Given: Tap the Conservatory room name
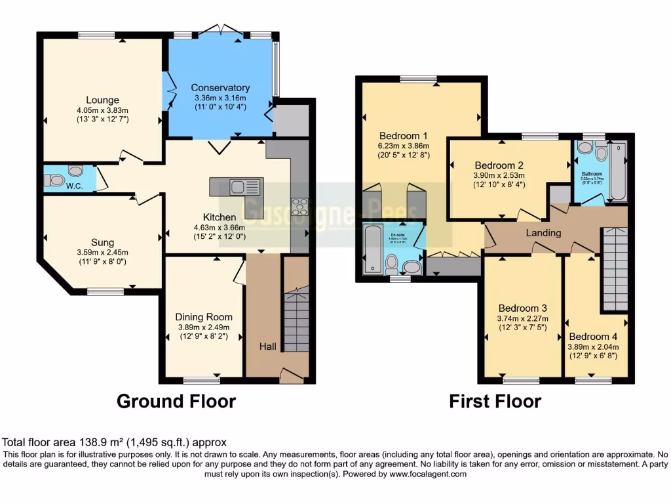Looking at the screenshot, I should (220, 88).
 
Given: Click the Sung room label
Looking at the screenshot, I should (102, 242).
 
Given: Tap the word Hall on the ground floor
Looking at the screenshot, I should (267, 346).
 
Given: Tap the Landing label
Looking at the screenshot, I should (543, 232).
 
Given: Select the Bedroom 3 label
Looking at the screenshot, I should (522, 308).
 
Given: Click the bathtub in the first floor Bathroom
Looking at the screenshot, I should (617, 172).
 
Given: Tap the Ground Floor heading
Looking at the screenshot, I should (176, 401).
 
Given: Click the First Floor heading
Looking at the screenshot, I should (495, 401).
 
